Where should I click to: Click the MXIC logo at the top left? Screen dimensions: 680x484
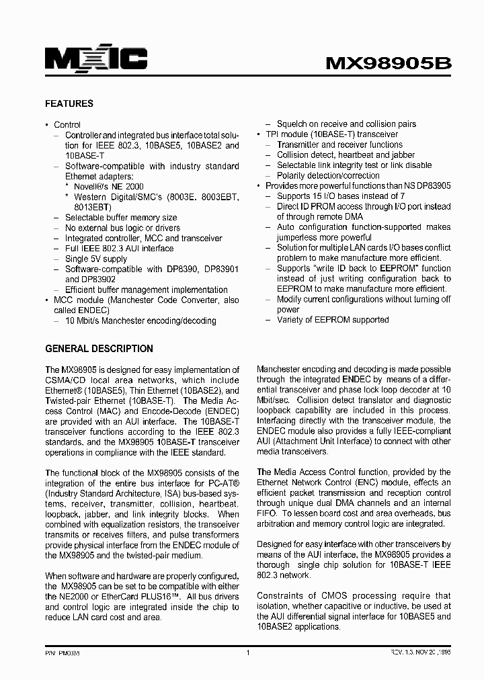[x=95, y=60]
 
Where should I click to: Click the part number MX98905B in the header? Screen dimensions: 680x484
[x=389, y=63]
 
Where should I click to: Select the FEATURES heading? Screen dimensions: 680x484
[x=69, y=104]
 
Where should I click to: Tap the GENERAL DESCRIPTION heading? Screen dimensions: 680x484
[x=99, y=349]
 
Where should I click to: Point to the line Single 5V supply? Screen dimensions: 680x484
[x=96, y=259]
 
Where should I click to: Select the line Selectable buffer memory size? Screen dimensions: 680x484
[x=121, y=218]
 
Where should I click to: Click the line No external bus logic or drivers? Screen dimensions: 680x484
[x=122, y=228]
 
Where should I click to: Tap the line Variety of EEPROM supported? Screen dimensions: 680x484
[x=333, y=320]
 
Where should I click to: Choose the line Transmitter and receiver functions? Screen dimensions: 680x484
[x=339, y=144]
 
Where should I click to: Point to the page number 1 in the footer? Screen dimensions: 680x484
[x=248, y=652]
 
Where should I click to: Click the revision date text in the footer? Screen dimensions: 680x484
[x=413, y=652]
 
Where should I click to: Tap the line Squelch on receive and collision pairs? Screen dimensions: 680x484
[x=346, y=124]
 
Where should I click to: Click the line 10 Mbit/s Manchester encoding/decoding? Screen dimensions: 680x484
[x=140, y=321]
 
